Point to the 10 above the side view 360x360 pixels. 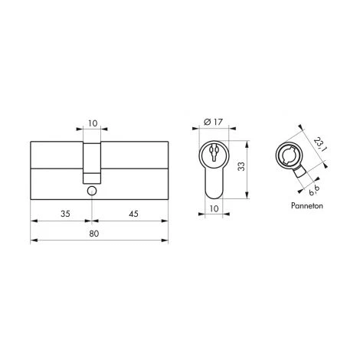pyautogui.click(x=92, y=121)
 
